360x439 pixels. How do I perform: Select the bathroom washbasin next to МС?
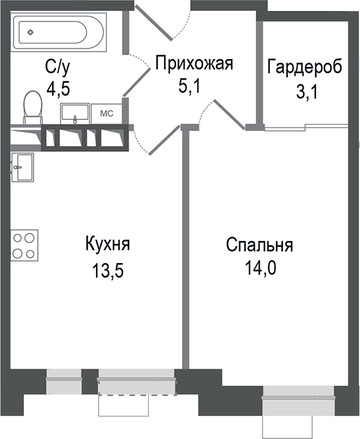tap(74, 113)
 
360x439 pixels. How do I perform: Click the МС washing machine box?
tap(106, 113)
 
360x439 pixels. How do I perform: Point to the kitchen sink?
tap(23, 166)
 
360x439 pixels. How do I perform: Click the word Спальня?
tap(260, 246)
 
